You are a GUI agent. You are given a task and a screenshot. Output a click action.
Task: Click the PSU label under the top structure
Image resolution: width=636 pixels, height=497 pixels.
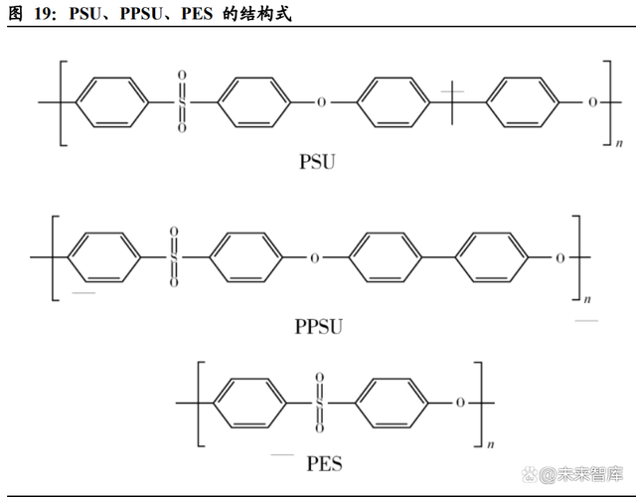point(317,160)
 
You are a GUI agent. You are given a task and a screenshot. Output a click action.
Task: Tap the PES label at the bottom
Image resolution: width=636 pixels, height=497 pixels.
point(325,463)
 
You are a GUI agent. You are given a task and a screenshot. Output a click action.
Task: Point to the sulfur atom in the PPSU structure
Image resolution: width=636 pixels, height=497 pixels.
point(174,257)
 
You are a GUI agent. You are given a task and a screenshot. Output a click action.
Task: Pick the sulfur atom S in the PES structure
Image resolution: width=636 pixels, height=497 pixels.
point(320,403)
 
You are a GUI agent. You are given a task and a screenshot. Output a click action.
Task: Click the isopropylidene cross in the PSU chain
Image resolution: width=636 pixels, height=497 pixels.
point(452,101)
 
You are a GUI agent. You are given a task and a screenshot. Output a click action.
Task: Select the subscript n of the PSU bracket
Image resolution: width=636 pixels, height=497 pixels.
point(618,145)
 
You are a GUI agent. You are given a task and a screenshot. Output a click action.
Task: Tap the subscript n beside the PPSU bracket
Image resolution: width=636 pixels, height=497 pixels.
point(586,298)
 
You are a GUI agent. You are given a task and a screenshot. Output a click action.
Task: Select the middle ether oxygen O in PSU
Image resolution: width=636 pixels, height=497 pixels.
point(320,101)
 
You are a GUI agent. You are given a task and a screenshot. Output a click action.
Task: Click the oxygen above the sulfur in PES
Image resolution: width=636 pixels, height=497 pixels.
point(320,378)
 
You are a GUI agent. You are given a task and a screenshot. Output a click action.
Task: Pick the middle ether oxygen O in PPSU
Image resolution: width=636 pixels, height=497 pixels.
point(314,257)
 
